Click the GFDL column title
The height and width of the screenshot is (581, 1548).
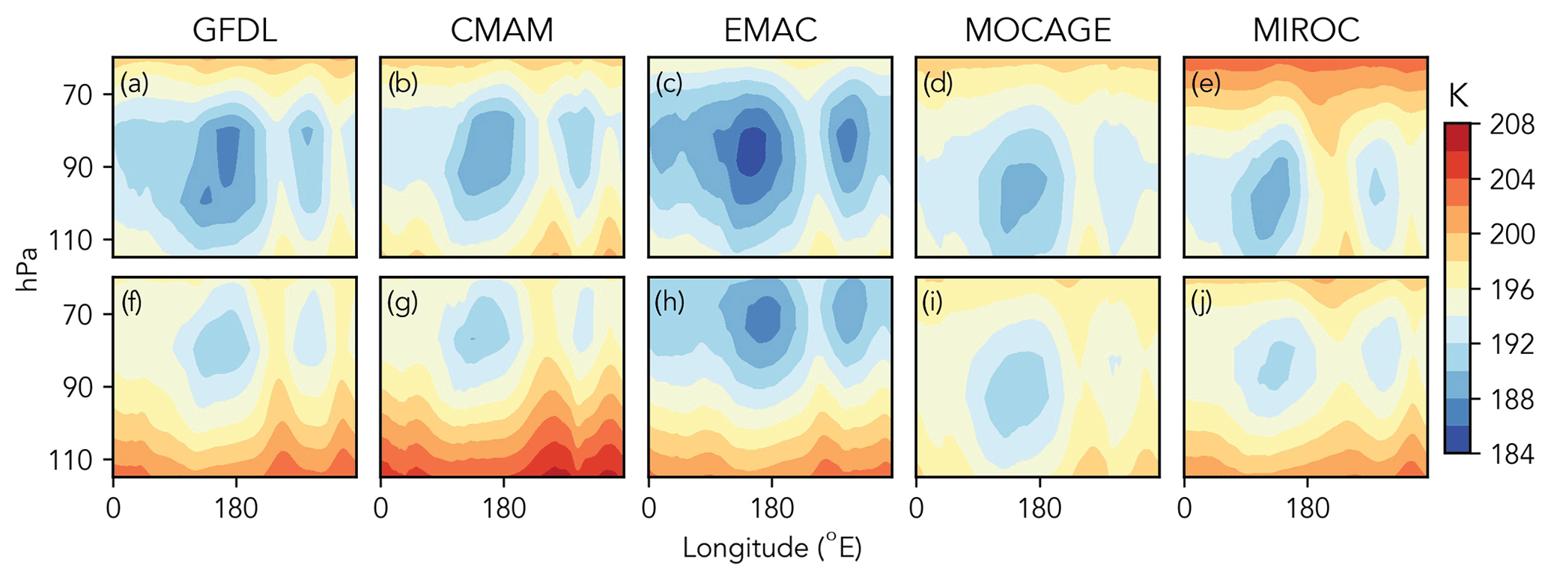click(x=234, y=31)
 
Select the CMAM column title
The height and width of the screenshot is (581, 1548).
click(x=502, y=31)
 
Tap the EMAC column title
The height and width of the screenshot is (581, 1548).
click(x=770, y=31)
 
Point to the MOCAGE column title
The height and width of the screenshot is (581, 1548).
click(x=1037, y=31)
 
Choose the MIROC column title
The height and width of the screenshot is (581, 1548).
click(x=1305, y=31)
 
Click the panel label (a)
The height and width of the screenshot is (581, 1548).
click(x=135, y=84)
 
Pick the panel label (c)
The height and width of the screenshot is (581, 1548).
click(x=670, y=84)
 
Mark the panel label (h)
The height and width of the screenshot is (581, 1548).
click(x=670, y=304)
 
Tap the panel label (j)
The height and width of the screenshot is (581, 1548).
click(x=1203, y=304)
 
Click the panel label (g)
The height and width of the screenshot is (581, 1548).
click(x=402, y=304)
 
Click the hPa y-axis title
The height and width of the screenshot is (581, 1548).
click(x=28, y=266)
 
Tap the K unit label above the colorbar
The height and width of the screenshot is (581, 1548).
click(x=1457, y=97)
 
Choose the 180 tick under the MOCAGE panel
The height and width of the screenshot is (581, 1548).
click(x=1039, y=509)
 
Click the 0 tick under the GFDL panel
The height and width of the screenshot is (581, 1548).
click(x=113, y=509)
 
